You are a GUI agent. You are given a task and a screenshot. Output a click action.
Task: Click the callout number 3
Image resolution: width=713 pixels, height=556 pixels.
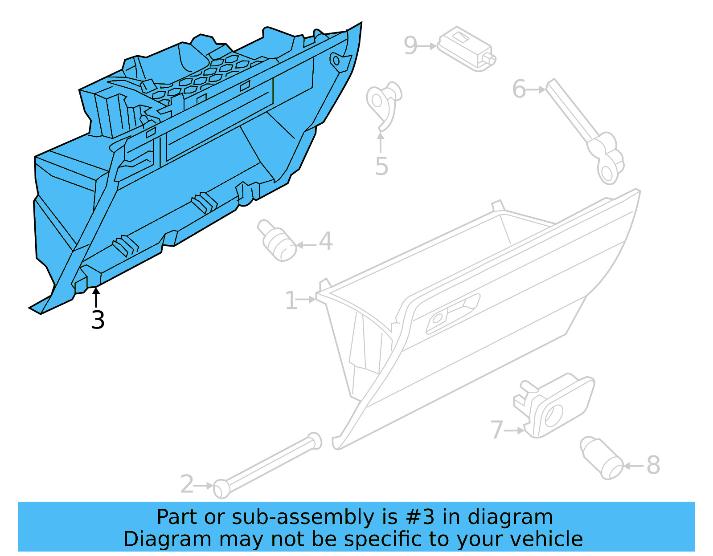(x=98, y=320)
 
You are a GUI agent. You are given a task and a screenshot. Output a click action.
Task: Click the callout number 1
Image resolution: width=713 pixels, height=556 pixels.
(x=291, y=301)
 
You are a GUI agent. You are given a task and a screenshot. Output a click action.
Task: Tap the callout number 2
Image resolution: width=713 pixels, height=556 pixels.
(x=187, y=484)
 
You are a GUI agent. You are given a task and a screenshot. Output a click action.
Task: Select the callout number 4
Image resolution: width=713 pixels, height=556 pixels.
(x=326, y=241)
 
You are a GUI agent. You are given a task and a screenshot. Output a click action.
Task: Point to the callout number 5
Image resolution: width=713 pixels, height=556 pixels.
(x=381, y=166)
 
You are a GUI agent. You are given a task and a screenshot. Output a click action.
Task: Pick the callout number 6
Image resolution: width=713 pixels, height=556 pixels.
(x=519, y=89)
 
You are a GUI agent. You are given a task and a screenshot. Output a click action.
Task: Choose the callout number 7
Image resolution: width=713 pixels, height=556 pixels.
(x=496, y=430)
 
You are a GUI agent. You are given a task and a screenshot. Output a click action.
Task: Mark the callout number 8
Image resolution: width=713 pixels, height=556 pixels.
(x=653, y=465)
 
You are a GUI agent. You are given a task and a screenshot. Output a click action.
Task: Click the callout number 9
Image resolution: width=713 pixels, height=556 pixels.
(x=410, y=45)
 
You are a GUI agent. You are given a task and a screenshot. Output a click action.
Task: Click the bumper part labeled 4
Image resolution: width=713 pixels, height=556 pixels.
(x=278, y=240)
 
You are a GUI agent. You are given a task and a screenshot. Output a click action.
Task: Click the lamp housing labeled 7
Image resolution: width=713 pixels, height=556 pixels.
(x=555, y=406)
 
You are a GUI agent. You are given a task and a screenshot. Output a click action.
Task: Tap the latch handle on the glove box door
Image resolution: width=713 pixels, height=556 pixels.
(x=452, y=313)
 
